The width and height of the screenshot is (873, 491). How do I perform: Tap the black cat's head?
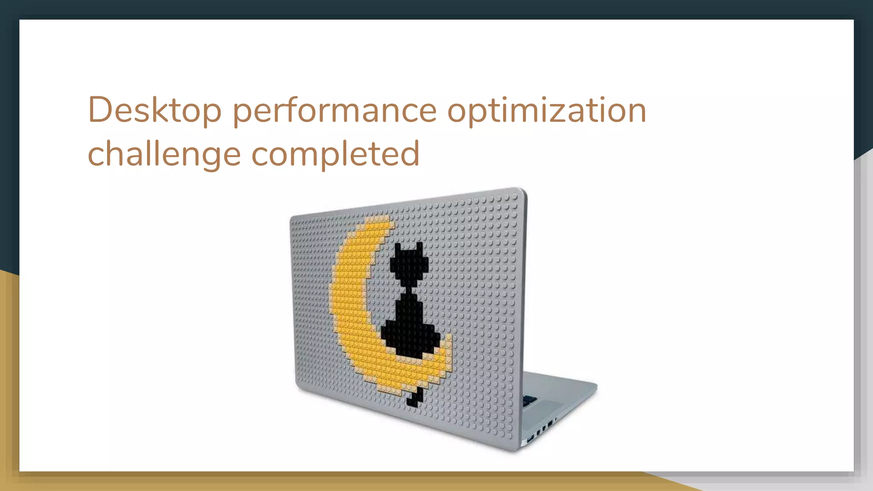pos(409,265)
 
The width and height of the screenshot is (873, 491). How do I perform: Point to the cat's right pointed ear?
pos(419,247)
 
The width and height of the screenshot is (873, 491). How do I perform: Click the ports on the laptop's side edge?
pos(541,429)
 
